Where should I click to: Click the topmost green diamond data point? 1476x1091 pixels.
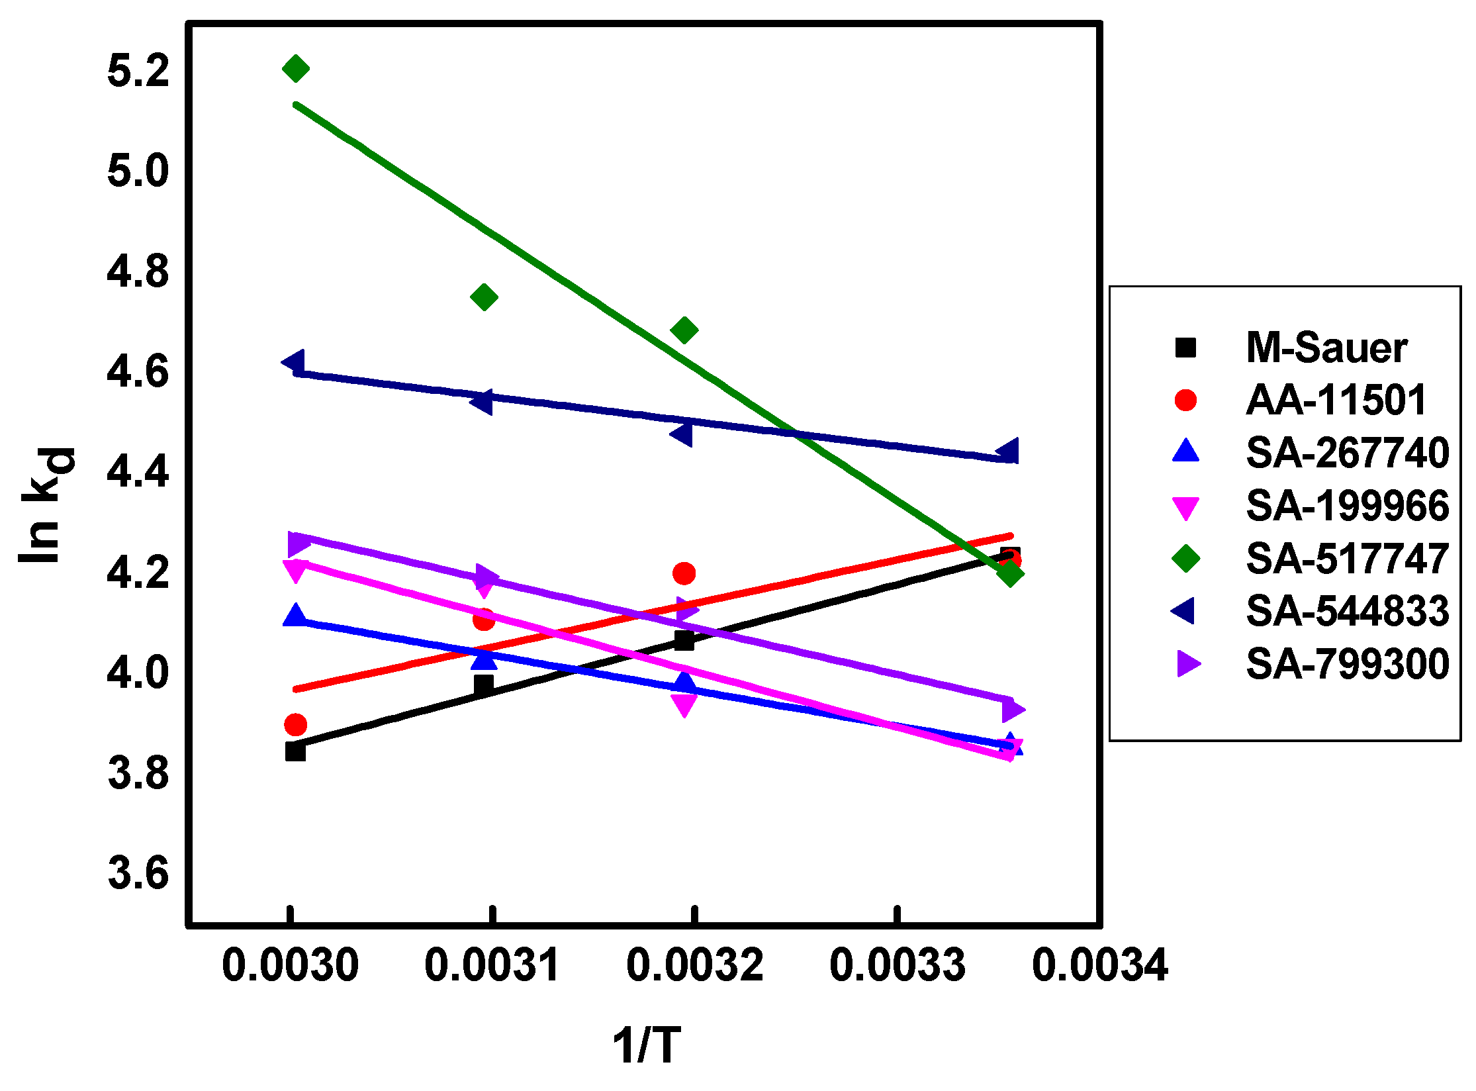(295, 68)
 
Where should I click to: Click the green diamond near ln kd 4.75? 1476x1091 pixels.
(484, 297)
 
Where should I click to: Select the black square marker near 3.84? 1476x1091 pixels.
(295, 751)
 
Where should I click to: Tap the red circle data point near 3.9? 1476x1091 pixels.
(295, 725)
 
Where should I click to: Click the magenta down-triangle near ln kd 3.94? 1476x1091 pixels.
(684, 705)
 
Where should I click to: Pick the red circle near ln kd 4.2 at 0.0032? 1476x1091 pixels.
(684, 573)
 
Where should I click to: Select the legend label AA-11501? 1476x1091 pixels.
(1336, 400)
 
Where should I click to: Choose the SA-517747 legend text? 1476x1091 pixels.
(1347, 559)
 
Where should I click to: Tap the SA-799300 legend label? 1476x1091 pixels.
(1347, 664)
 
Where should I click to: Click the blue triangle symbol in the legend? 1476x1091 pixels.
(1185, 451)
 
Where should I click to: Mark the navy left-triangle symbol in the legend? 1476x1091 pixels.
(1184, 610)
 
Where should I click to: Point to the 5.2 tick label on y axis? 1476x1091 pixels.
(138, 71)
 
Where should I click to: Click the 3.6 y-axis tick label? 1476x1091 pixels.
(138, 873)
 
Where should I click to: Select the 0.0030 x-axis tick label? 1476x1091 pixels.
(290, 965)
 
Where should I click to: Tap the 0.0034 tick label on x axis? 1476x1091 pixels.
(1099, 965)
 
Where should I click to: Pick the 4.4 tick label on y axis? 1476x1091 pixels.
(138, 472)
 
